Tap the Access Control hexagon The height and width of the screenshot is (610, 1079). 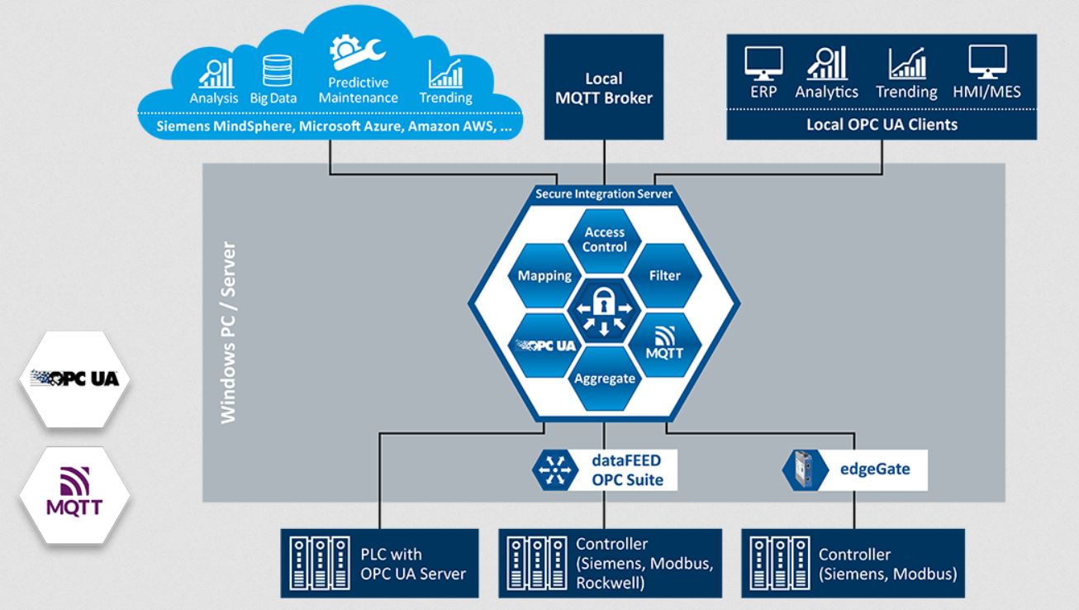coord(606,239)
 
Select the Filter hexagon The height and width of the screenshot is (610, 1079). coord(664,275)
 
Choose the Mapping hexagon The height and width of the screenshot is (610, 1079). coord(545,275)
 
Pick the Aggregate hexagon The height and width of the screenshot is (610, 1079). coord(606,379)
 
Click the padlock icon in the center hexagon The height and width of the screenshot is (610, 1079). coord(606,305)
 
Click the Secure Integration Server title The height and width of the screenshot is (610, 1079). coord(606,195)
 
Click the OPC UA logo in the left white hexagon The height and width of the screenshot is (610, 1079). coord(74,379)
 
